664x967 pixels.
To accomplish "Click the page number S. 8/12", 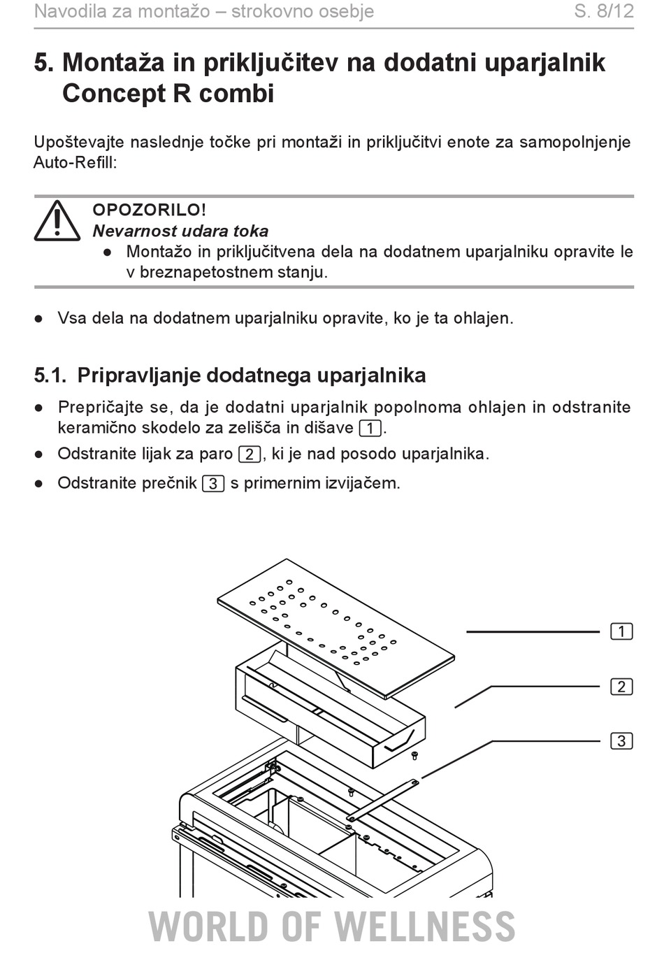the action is pos(604,11).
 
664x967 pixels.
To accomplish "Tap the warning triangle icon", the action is pos(57,220).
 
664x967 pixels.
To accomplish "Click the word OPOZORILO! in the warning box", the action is pos(150,210).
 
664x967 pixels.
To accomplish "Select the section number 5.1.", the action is pos(50,375).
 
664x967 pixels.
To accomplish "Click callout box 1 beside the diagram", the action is pos(621,631).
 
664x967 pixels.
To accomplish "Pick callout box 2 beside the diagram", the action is pos(621,687).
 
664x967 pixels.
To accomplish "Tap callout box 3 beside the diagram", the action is pos(621,740).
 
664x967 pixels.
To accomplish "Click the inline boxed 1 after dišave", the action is pos(370,429).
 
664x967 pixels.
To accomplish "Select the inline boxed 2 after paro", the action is pos(250,454).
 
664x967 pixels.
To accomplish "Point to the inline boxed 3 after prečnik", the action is pos(213,484).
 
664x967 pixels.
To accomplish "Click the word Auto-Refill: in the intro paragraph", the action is pos(75,163).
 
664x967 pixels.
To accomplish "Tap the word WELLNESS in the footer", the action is pos(424,926).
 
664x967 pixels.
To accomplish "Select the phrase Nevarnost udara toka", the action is pos(180,231).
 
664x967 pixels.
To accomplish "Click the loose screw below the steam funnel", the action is pos(415,755).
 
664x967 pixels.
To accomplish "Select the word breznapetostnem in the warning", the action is pos(205,273).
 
